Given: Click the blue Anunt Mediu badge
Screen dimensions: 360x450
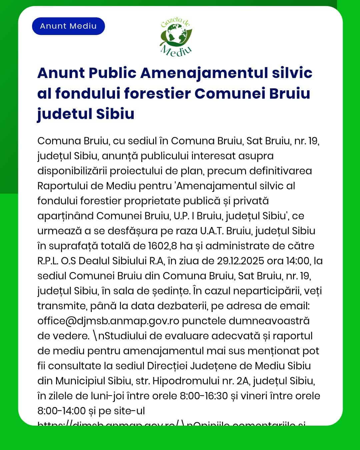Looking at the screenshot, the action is coord(68,26).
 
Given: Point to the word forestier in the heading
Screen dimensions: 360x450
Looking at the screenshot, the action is coord(157,94).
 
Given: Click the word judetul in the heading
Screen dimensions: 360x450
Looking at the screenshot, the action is coord(64,114).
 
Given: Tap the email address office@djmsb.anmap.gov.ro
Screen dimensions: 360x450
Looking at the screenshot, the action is coord(108,321).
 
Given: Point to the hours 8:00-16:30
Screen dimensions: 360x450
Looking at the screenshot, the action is coord(204,396).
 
